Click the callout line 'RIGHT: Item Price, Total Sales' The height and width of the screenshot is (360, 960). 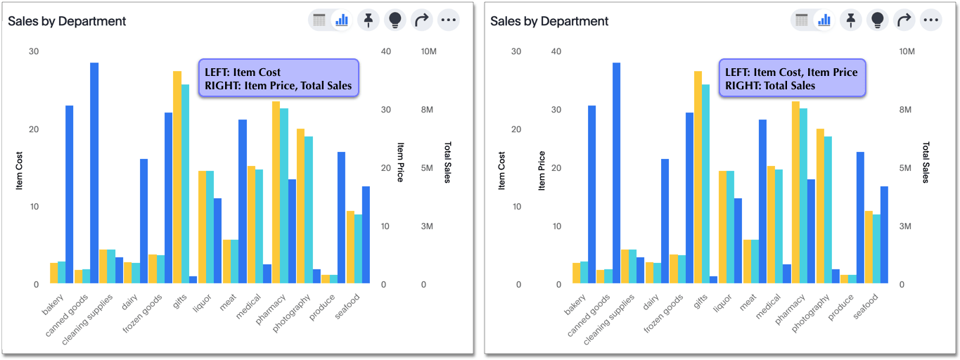[278, 86]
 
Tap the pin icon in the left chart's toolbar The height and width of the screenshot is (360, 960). [368, 20]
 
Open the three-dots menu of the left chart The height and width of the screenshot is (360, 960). [448, 20]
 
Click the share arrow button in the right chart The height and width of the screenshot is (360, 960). [904, 20]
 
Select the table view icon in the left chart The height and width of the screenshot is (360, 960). [319, 20]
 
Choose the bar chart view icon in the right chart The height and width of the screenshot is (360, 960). [824, 20]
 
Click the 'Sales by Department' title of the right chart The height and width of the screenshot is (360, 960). [549, 21]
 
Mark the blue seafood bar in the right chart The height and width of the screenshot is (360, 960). [884, 235]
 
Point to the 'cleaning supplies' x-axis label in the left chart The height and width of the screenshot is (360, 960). [89, 320]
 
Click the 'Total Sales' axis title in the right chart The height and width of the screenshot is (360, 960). [926, 162]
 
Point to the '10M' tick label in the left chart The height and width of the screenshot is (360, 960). [429, 52]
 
